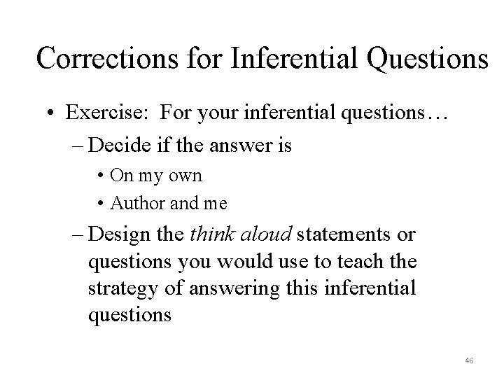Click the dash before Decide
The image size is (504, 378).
point(78,146)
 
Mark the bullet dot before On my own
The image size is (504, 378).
point(101,175)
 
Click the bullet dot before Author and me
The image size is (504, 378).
point(101,203)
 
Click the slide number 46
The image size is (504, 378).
point(469,360)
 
